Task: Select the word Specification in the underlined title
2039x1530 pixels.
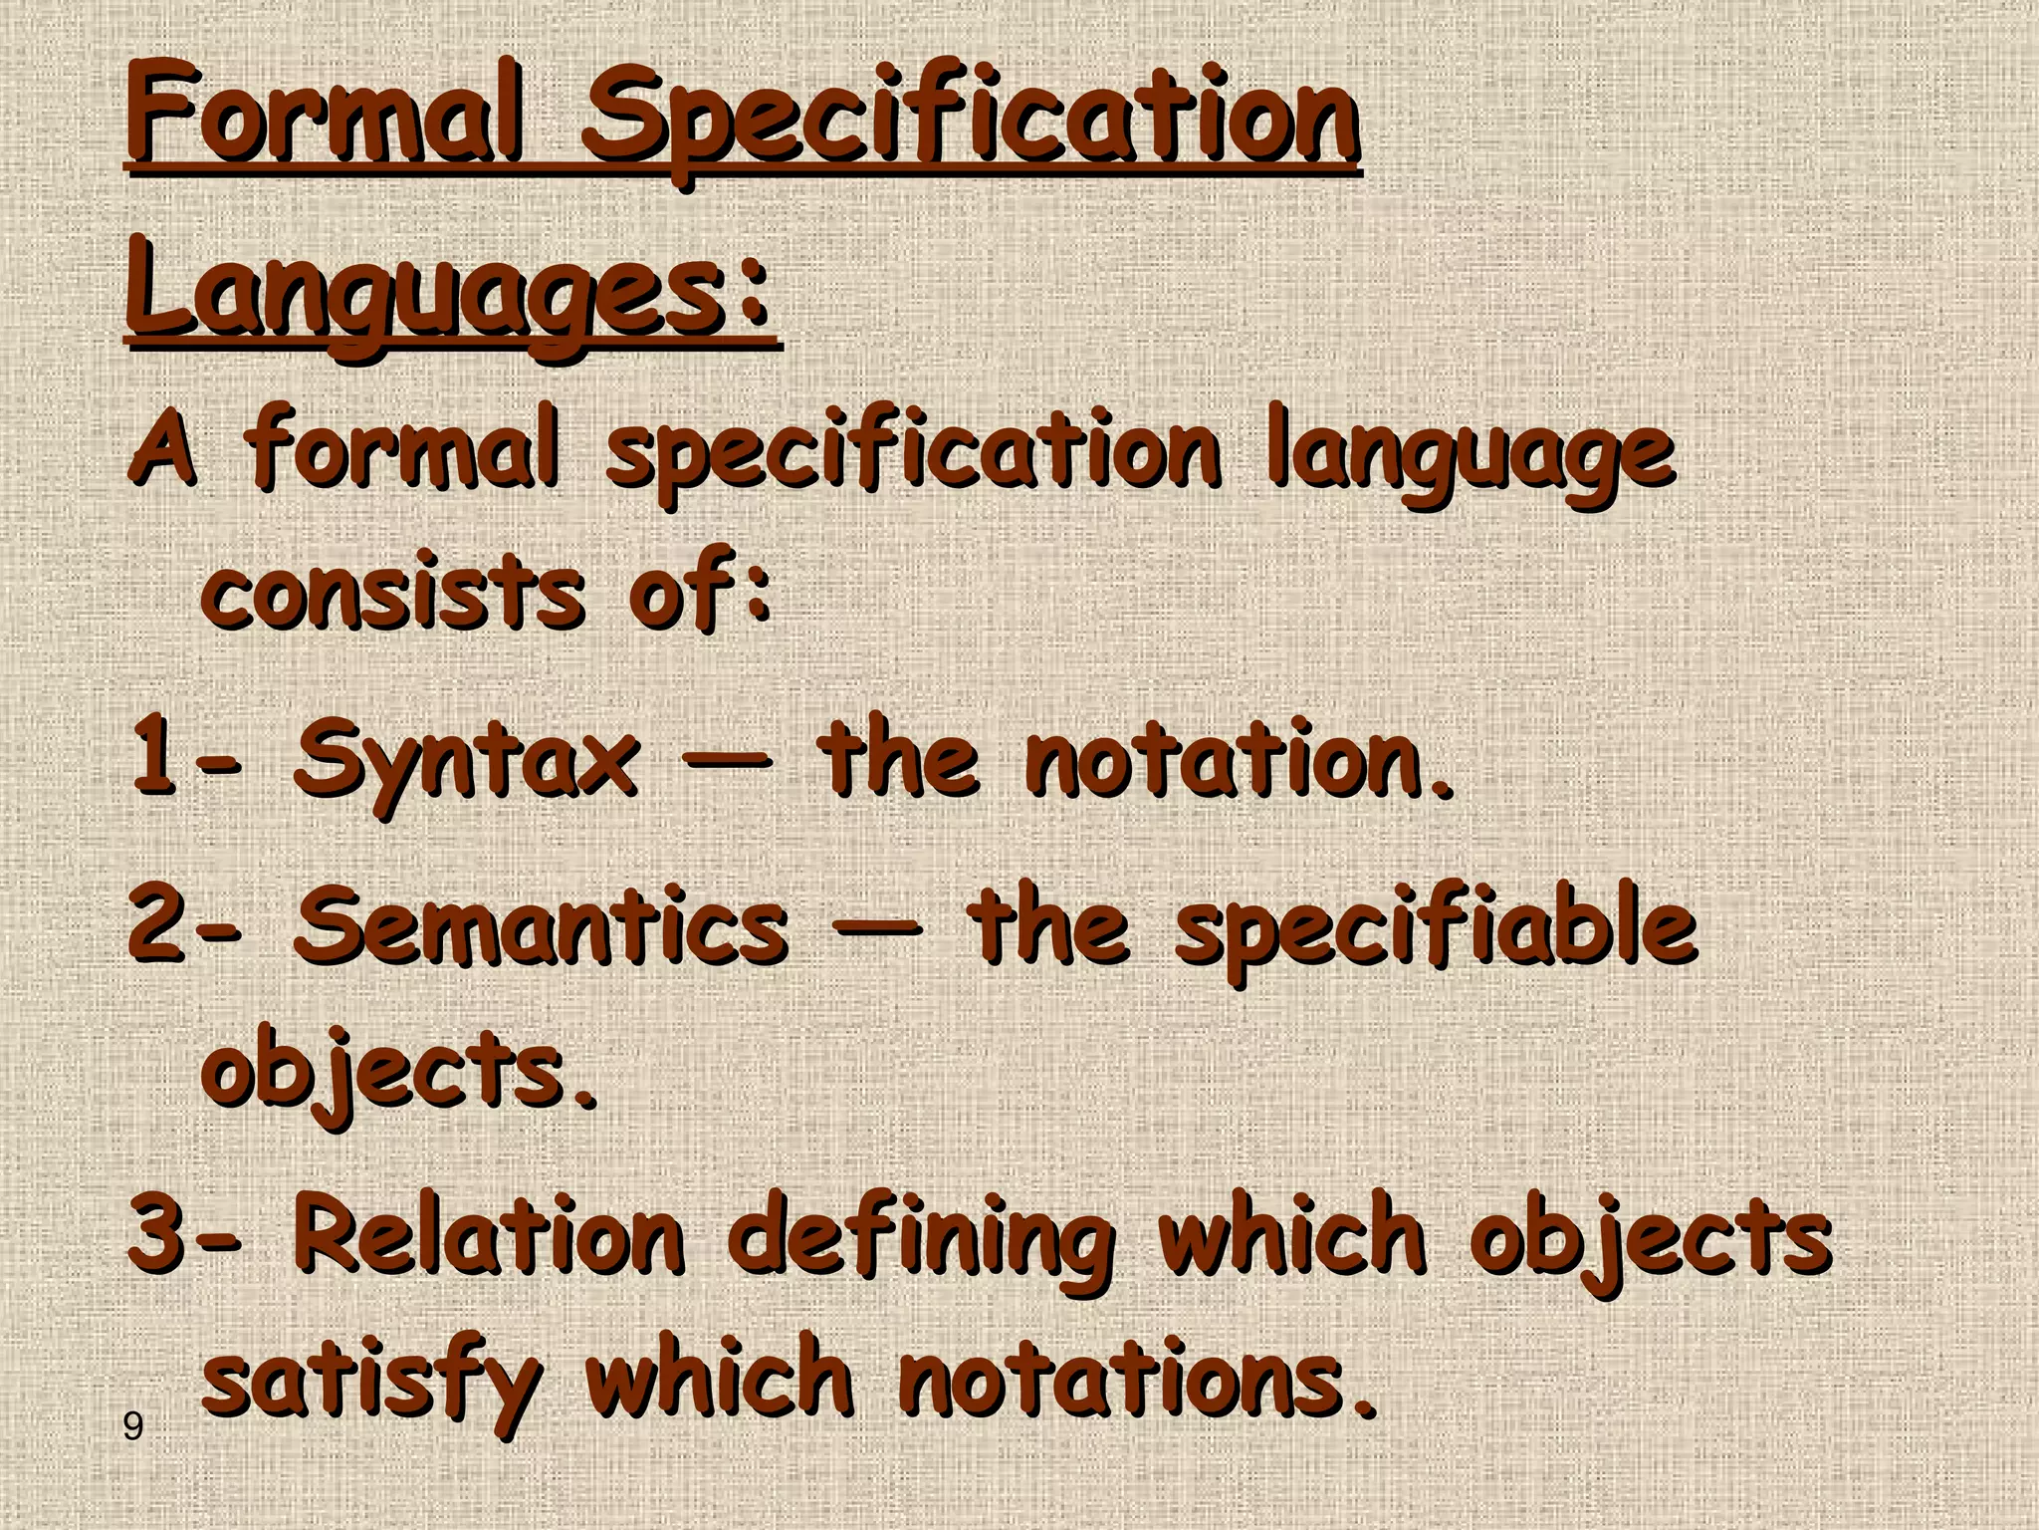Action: pyautogui.click(x=971, y=125)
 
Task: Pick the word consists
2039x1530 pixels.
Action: pyautogui.click(x=392, y=592)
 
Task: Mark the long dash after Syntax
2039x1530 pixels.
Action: pyautogui.click(x=727, y=761)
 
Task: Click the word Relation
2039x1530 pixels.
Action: pyautogui.click(x=488, y=1235)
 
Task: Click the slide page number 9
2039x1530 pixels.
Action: pyautogui.click(x=132, y=1427)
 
